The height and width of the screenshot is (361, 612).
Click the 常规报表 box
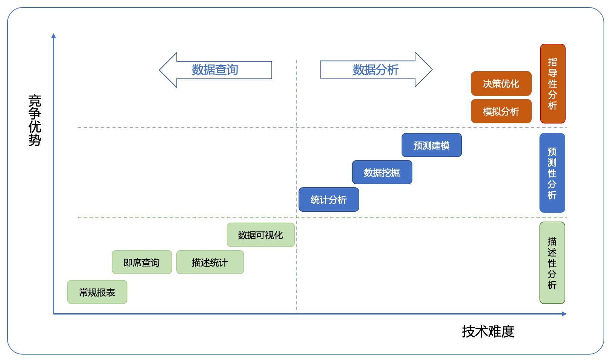point(97,292)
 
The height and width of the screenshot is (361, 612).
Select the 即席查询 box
point(142,262)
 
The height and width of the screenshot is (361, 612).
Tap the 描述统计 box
point(210,262)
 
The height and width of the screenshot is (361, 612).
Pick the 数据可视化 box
point(261,235)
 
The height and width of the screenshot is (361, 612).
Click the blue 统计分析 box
point(329,199)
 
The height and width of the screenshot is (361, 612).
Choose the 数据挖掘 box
point(382,172)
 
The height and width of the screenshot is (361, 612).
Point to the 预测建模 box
point(432,145)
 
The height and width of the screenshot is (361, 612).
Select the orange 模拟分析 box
point(501,111)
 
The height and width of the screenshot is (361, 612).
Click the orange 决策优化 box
point(501,83)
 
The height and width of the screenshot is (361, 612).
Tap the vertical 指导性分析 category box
point(553,83)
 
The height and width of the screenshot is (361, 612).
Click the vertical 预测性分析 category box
point(552,173)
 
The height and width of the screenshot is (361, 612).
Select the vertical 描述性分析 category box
point(552,263)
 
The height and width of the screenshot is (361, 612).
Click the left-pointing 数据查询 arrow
point(216,70)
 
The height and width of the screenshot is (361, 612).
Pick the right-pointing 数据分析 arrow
point(376,70)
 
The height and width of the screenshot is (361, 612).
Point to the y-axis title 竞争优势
point(35,120)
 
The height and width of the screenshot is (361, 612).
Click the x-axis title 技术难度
point(488,331)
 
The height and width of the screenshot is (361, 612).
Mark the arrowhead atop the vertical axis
point(53,36)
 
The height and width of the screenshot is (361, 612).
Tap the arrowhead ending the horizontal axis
point(564,314)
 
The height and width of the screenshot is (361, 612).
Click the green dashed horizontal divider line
point(322,217)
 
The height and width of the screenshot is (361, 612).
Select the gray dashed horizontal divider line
point(322,128)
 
